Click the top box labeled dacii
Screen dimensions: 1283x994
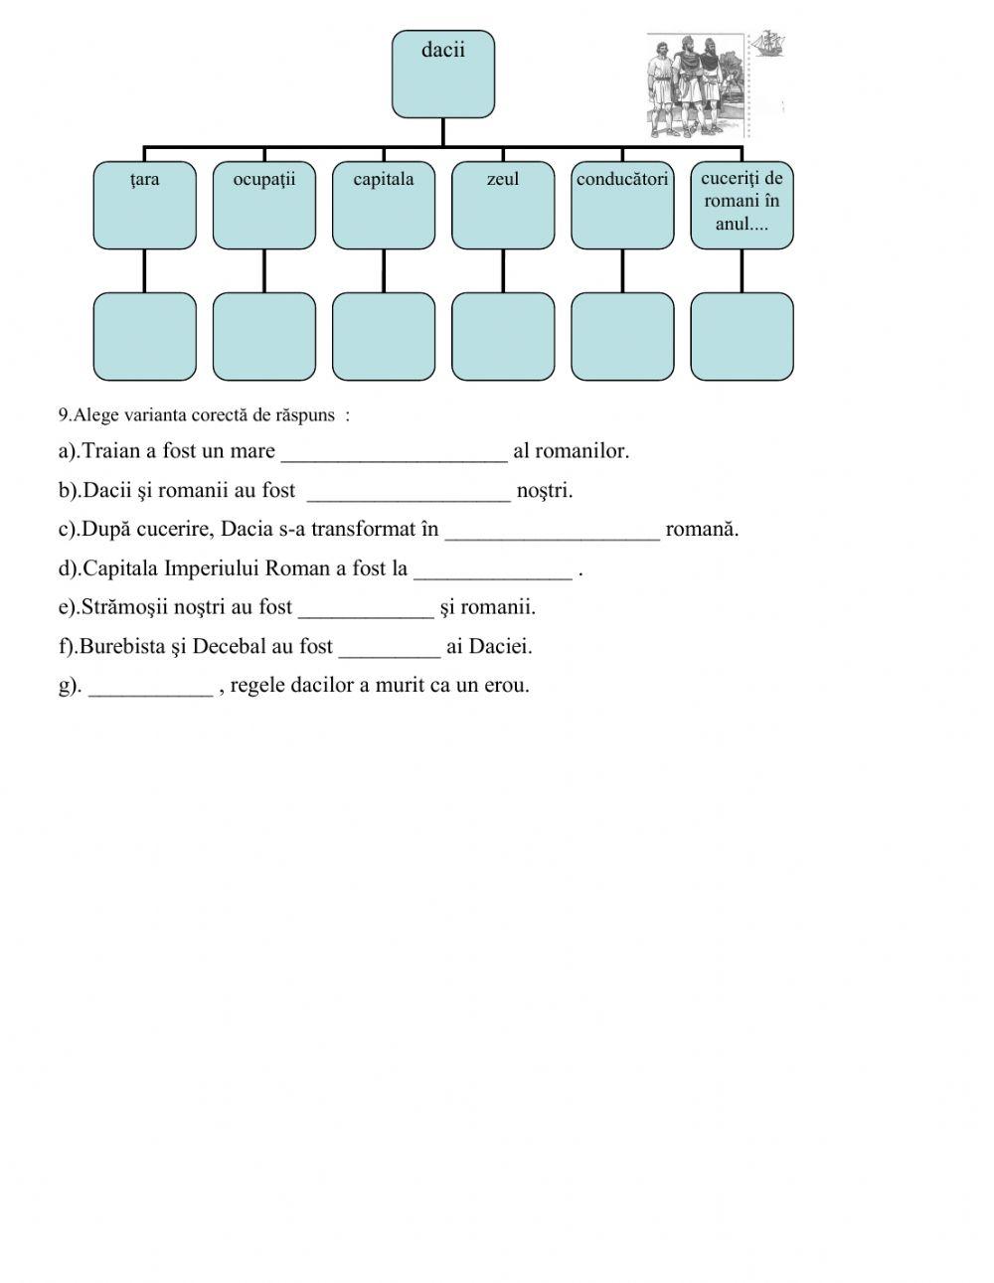coord(442,74)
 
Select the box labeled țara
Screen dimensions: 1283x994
coord(144,205)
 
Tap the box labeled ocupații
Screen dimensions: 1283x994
coord(263,205)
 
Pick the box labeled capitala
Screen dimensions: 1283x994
coord(383,205)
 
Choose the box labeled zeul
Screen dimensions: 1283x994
coord(502,205)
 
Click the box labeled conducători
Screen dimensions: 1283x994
coord(622,205)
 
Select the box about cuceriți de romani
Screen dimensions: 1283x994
coord(742,205)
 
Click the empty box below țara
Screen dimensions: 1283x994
coord(144,336)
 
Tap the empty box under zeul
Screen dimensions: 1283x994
coord(502,336)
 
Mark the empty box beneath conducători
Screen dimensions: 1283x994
coord(622,336)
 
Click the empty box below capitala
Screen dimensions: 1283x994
coord(383,336)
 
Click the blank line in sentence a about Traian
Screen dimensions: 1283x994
coord(395,453)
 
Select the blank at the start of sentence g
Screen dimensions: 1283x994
coord(150,688)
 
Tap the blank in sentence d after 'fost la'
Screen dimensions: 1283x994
coord(493,570)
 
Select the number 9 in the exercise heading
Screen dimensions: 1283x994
coord(63,415)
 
